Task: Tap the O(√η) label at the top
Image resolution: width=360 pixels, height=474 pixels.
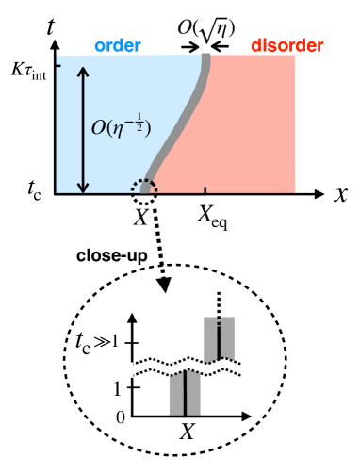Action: coord(204,17)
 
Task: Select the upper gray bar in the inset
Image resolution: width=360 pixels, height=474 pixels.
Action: coord(219,337)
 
